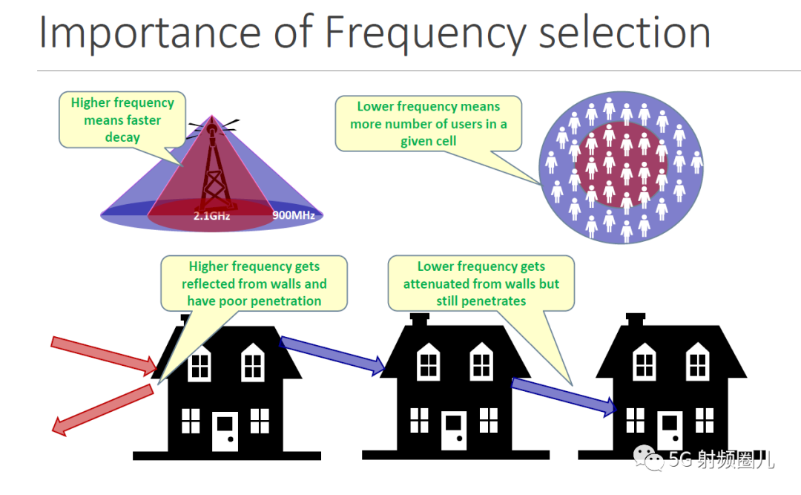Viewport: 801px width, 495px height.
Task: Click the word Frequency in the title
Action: click(x=425, y=33)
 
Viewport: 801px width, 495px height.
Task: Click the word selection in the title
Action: click(x=624, y=32)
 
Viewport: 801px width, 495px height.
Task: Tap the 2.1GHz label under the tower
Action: click(x=211, y=216)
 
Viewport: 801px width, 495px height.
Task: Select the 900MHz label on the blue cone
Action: click(x=293, y=215)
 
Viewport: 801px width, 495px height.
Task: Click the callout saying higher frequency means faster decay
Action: click(x=122, y=121)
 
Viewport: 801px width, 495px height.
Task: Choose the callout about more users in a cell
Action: click(x=429, y=124)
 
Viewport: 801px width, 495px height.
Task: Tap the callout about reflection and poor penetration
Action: click(x=254, y=283)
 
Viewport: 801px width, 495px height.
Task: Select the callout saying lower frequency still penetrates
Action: click(x=481, y=283)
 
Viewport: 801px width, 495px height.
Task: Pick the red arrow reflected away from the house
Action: click(x=102, y=410)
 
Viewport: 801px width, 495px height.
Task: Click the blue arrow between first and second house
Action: click(x=332, y=355)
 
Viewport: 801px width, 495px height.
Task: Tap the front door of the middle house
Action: click(x=454, y=430)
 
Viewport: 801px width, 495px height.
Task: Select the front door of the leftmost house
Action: click(x=225, y=430)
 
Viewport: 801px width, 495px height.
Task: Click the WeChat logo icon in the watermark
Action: click(x=648, y=457)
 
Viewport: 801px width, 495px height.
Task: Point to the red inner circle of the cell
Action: click(x=622, y=165)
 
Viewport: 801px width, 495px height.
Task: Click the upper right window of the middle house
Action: click(x=481, y=363)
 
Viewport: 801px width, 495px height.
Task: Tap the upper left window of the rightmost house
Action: click(x=645, y=363)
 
